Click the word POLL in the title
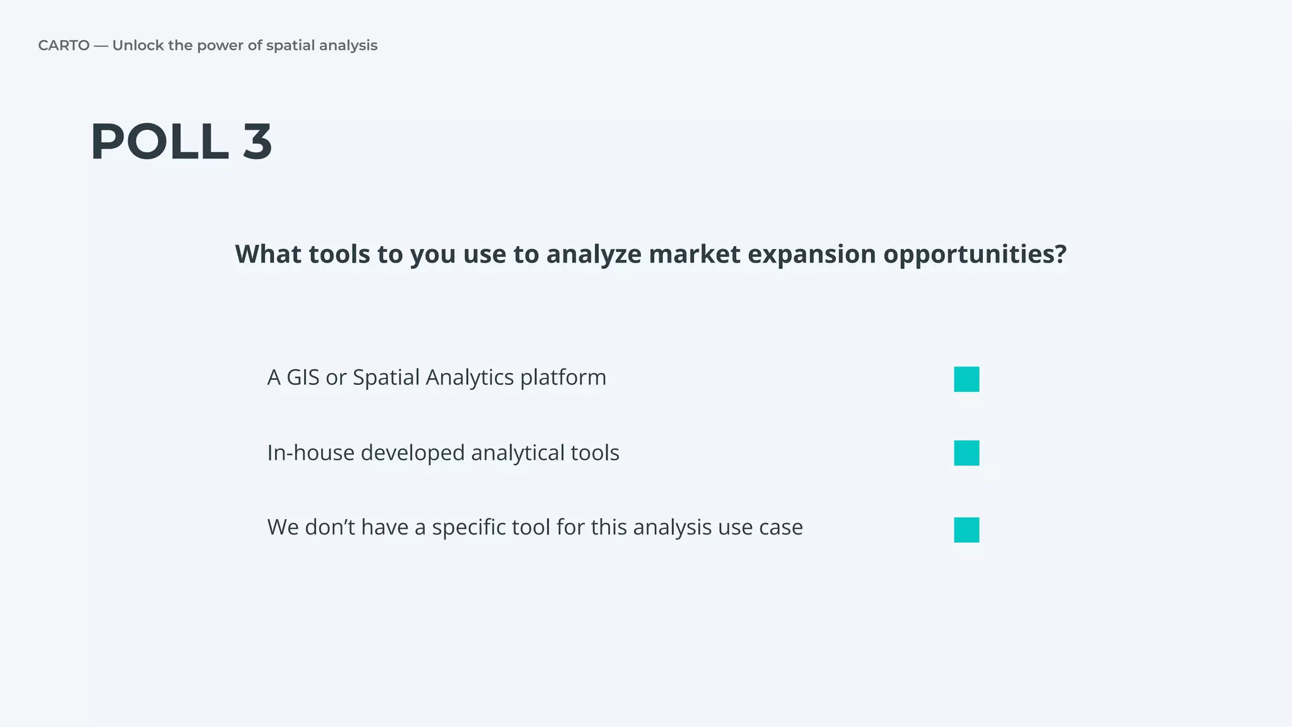point(159,142)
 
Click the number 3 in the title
point(257,142)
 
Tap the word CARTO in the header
point(64,45)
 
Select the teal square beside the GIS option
point(966,379)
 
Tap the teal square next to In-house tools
point(966,453)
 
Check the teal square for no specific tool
point(966,529)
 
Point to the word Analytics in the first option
point(469,377)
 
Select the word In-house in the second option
point(310,453)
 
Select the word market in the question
point(694,254)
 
